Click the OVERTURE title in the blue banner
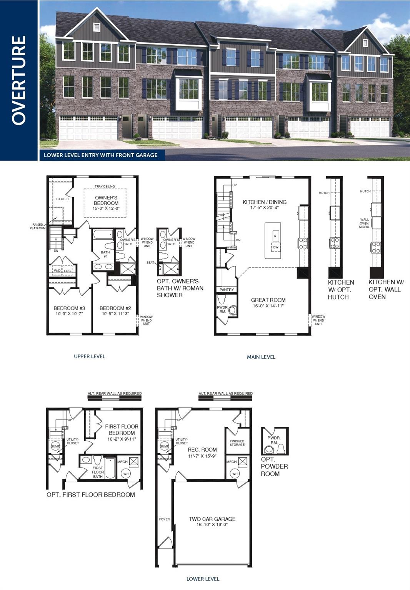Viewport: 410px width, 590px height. click(x=18, y=80)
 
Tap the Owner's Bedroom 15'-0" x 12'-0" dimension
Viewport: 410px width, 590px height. click(x=106, y=209)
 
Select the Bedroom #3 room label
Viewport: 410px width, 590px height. click(x=69, y=308)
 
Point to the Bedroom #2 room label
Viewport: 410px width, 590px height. click(x=115, y=308)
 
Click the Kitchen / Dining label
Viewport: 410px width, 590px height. click(x=264, y=202)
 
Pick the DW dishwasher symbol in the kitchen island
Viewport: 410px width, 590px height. click(x=275, y=247)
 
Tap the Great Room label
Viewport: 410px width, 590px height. click(x=268, y=300)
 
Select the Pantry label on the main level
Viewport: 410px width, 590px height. click(x=227, y=290)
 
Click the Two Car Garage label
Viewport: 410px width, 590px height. click(x=212, y=519)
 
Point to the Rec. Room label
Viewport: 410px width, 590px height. click(x=202, y=450)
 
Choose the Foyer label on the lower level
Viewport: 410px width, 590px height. click(x=164, y=519)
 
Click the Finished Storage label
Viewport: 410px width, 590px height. click(x=237, y=443)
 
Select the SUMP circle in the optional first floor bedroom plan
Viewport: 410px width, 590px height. click(x=55, y=446)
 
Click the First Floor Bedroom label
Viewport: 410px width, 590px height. click(x=122, y=429)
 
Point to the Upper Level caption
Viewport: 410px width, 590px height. click(x=89, y=356)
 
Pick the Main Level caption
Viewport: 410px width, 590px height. click(x=261, y=357)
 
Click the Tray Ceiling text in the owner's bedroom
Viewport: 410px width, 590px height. click(x=105, y=187)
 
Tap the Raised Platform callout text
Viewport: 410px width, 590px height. click(x=38, y=227)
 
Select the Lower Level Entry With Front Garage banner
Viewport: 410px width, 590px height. click(x=100, y=155)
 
